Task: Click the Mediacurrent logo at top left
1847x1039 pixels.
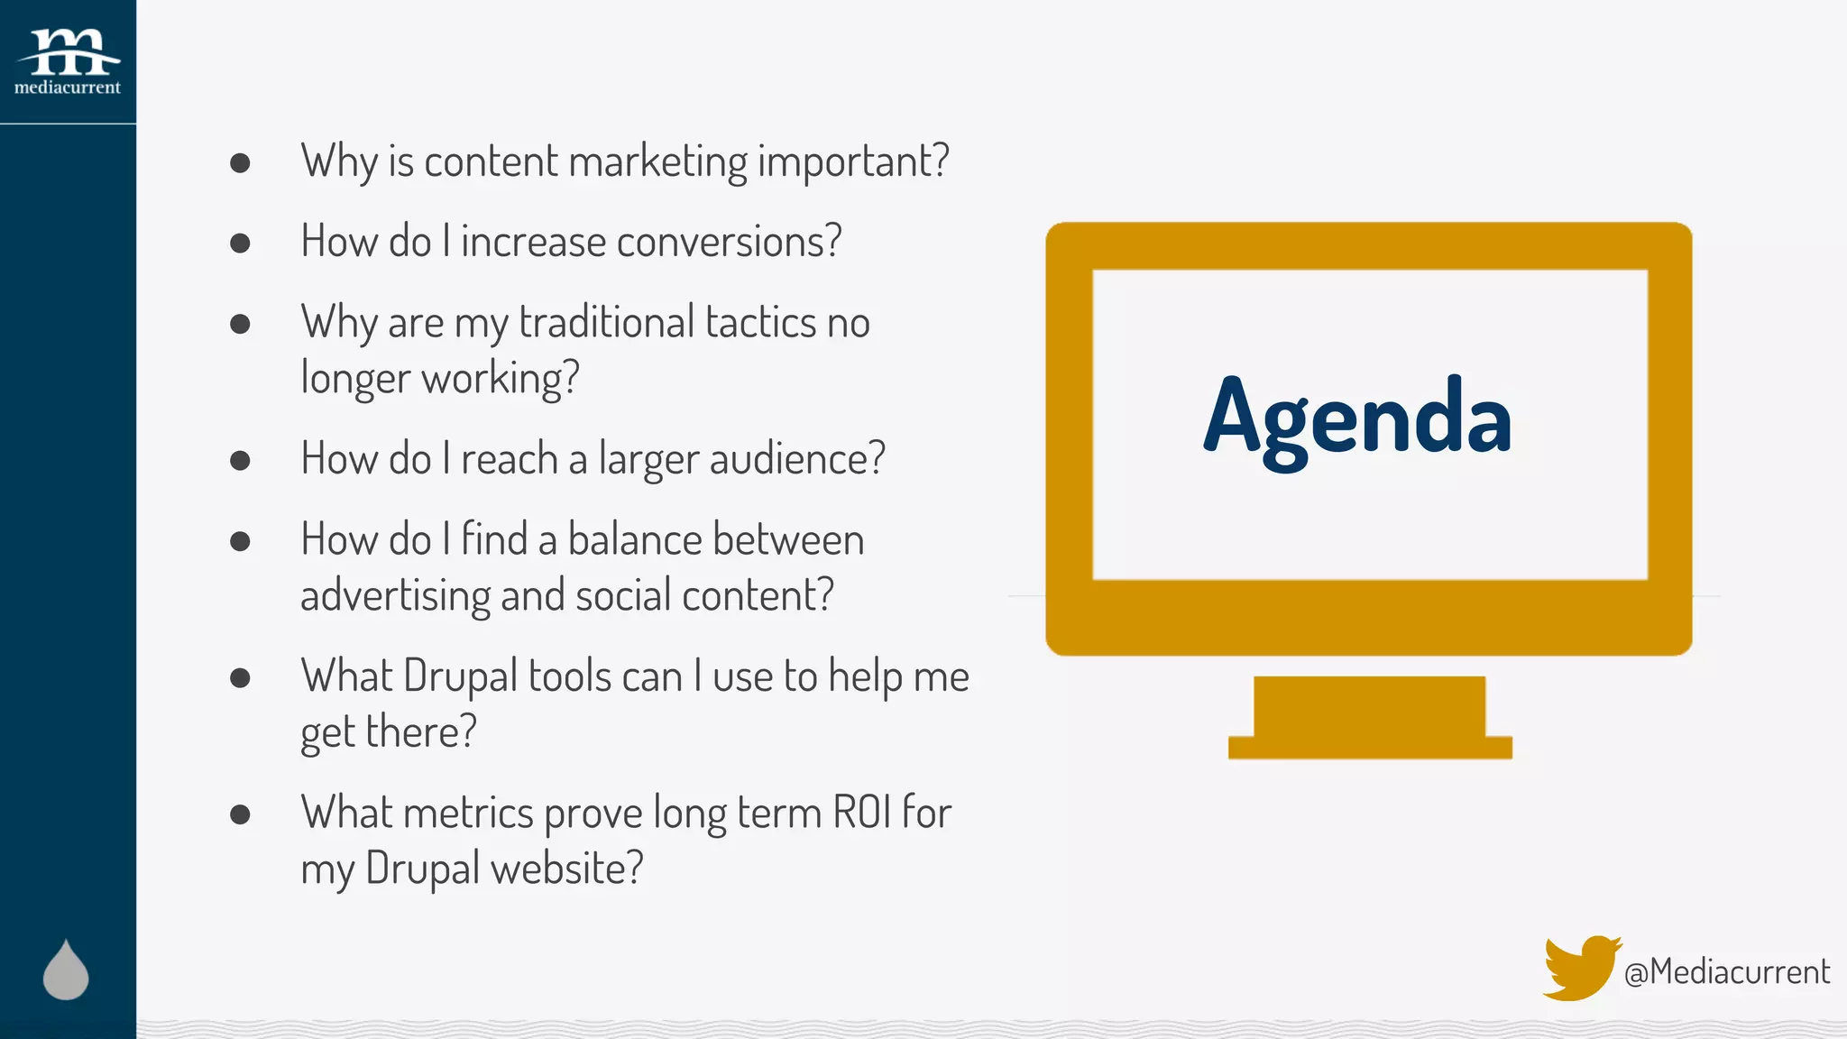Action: point(68,61)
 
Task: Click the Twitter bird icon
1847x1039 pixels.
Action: point(1580,968)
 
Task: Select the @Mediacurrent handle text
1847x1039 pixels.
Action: point(1726,972)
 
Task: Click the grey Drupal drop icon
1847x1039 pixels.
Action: point(66,970)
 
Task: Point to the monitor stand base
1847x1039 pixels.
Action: point(1369,747)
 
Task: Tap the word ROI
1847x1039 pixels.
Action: point(861,812)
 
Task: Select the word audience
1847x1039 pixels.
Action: point(796,458)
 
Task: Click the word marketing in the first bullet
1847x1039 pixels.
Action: point(657,162)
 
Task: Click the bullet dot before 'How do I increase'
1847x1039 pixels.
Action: point(240,243)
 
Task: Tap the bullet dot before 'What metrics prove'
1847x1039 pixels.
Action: point(240,814)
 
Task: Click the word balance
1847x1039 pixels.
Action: point(634,540)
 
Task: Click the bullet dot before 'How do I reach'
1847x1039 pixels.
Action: point(240,460)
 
